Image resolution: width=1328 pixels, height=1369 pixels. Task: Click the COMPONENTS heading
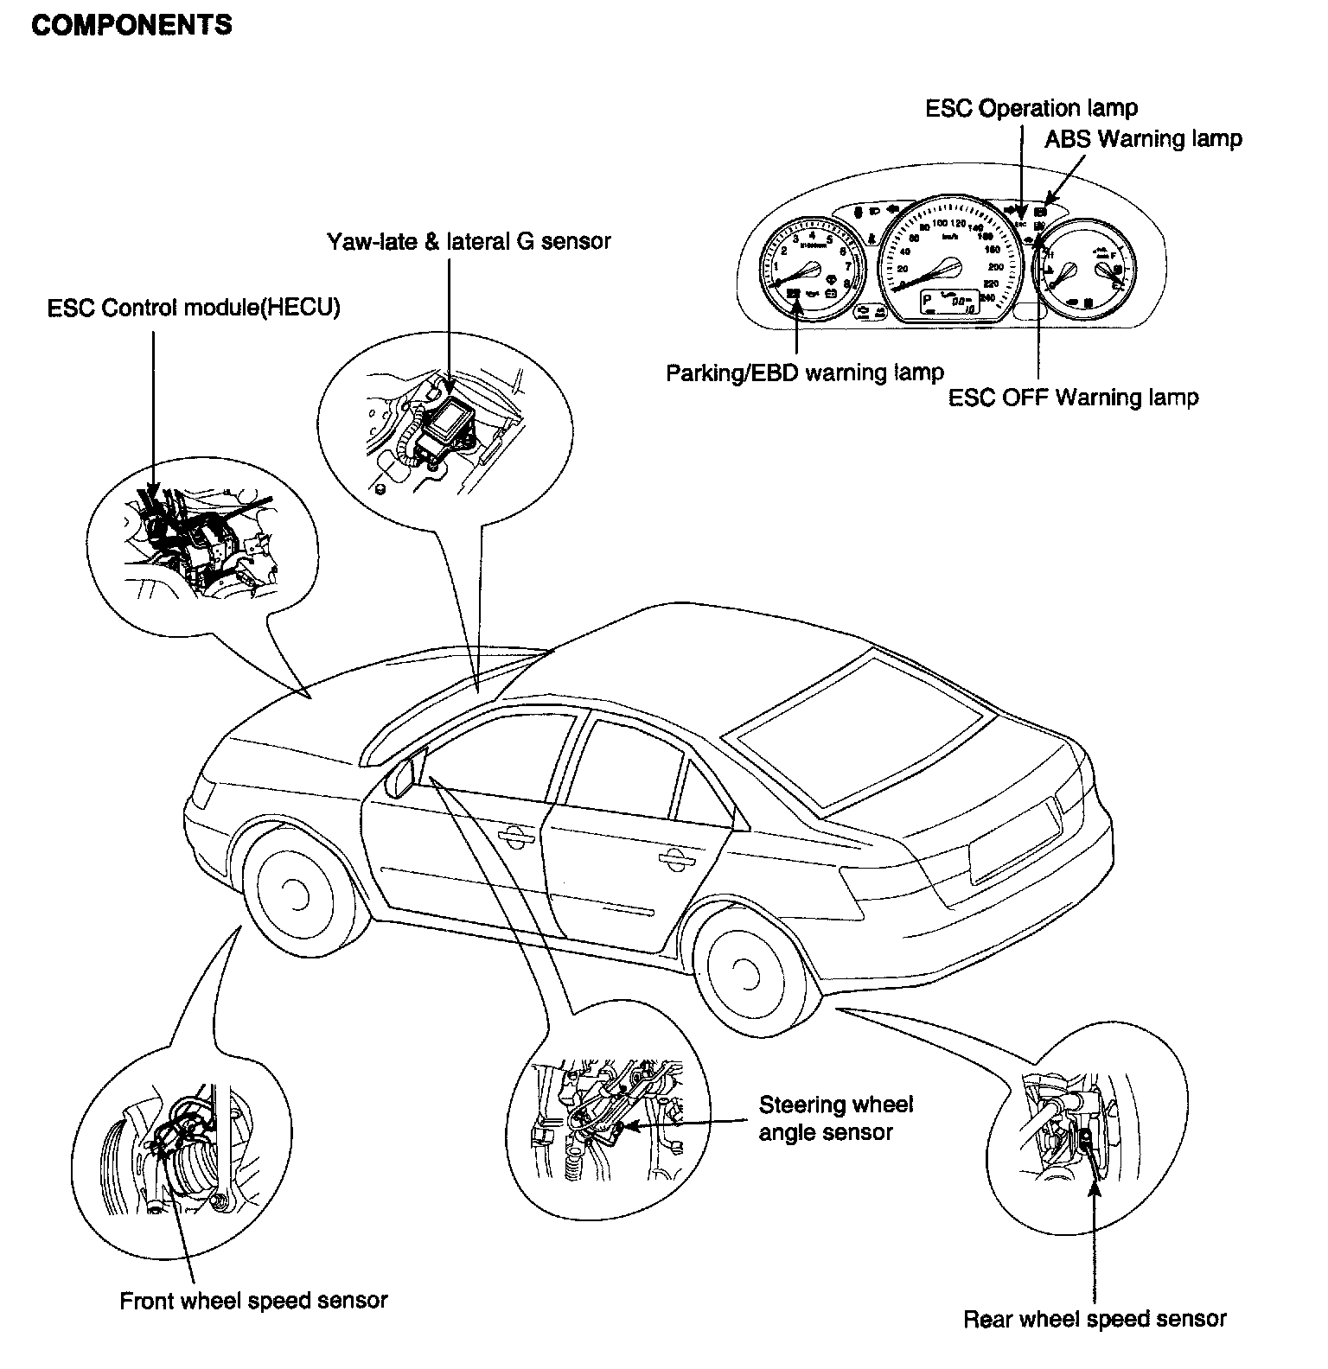click(x=131, y=24)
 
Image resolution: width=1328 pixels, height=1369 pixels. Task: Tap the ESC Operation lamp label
click(x=1031, y=108)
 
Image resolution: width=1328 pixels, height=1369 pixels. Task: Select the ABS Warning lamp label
click(x=1143, y=138)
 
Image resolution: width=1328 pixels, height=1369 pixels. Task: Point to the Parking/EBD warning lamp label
click(x=804, y=372)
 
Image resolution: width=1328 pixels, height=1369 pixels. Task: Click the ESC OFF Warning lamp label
click(x=1073, y=398)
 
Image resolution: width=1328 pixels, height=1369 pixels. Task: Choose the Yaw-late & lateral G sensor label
click(x=469, y=241)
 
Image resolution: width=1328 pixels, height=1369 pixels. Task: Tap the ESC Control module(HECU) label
click(x=194, y=309)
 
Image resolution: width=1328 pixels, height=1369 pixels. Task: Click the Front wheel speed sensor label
click(x=253, y=1300)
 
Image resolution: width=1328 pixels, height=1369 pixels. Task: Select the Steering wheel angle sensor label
click(x=835, y=1117)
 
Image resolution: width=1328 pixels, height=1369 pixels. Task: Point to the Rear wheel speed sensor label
click(x=1095, y=1319)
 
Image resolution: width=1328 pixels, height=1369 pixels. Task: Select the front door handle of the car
click(x=514, y=835)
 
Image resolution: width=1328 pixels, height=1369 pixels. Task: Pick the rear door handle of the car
click(x=672, y=857)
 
